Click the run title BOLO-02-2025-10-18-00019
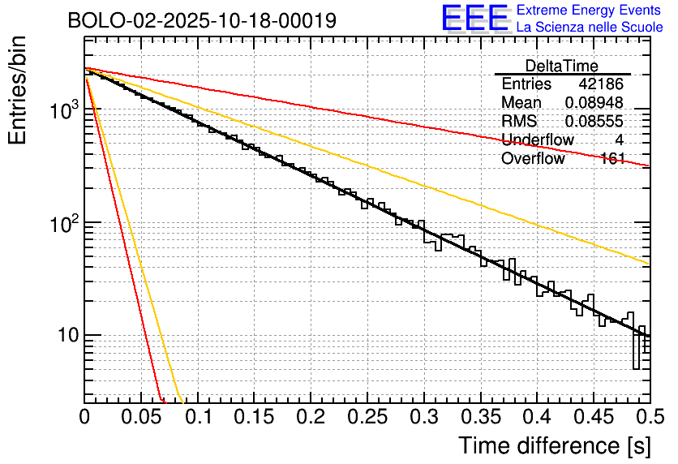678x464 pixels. (x=202, y=20)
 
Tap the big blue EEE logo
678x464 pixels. (x=474, y=19)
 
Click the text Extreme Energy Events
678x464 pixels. (x=590, y=11)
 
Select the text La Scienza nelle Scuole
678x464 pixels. (x=590, y=27)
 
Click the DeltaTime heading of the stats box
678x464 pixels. (x=562, y=66)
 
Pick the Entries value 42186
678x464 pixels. (x=601, y=84)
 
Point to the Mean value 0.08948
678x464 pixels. (x=594, y=103)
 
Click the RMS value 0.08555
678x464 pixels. (x=594, y=122)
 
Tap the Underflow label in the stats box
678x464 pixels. (x=537, y=140)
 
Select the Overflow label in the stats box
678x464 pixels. (x=533, y=159)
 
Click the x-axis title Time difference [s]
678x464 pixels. (x=553, y=445)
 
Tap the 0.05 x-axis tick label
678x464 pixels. (x=140, y=418)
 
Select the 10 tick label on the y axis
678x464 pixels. (x=63, y=335)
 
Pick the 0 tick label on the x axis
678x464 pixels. (x=84, y=418)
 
